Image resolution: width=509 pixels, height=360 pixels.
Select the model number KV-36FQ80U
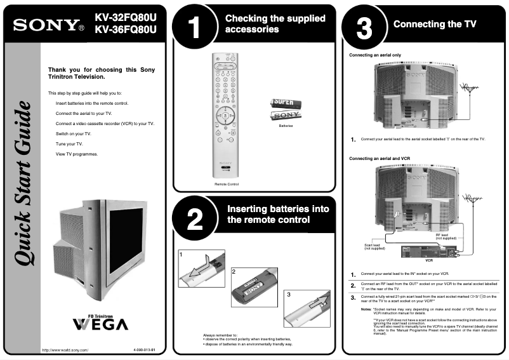click(125, 30)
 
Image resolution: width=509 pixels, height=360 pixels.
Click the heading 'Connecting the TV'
click(434, 24)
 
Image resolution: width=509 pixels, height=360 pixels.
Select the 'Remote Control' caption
click(226, 184)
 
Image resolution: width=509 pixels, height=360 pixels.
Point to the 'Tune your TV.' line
click(70, 144)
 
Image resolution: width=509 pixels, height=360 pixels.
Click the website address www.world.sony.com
click(65, 350)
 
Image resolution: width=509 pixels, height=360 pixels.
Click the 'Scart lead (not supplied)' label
click(372, 246)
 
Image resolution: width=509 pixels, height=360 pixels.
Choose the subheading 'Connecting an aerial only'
click(375, 55)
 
